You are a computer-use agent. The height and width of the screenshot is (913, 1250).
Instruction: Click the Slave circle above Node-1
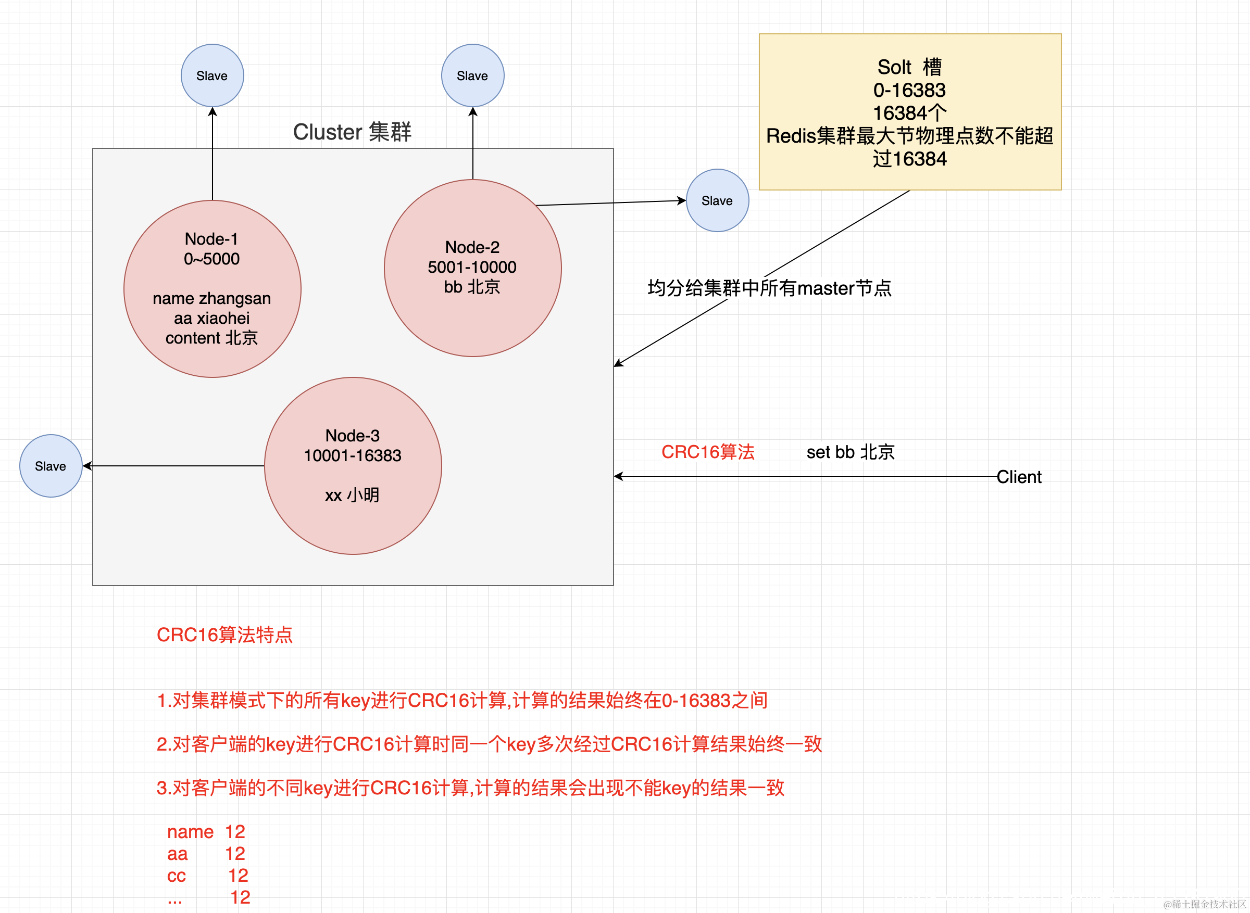tap(213, 75)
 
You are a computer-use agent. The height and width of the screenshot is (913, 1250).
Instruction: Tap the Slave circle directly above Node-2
tap(472, 75)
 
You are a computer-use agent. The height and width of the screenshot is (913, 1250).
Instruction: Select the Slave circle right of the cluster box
tap(717, 200)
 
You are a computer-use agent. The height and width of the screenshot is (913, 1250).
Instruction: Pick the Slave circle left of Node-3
tap(51, 466)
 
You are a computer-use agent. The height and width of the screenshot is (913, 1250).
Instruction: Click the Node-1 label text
tap(212, 239)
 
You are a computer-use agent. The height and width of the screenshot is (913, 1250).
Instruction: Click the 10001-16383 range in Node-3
tap(353, 455)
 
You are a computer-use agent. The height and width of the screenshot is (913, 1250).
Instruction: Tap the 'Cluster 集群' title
tap(352, 132)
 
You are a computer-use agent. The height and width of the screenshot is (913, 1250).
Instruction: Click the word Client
tap(1019, 477)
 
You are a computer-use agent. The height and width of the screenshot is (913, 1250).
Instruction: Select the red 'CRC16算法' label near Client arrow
tap(708, 452)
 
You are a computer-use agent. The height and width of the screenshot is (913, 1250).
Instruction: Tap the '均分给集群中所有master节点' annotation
tap(770, 288)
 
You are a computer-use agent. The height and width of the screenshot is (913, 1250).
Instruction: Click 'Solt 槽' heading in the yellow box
tap(909, 67)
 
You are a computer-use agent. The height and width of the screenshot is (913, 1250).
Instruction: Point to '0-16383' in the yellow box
tap(909, 90)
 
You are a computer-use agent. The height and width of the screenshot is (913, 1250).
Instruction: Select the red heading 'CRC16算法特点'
tap(224, 635)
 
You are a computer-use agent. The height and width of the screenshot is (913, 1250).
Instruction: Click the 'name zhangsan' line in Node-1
tap(212, 298)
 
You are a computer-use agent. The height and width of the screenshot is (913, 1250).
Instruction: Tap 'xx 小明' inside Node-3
tap(352, 495)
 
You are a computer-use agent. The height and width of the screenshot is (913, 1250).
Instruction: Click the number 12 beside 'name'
tap(235, 832)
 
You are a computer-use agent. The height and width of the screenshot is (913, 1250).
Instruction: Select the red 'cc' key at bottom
tap(177, 876)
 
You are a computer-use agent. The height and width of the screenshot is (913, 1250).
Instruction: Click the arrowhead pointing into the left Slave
tap(87, 466)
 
